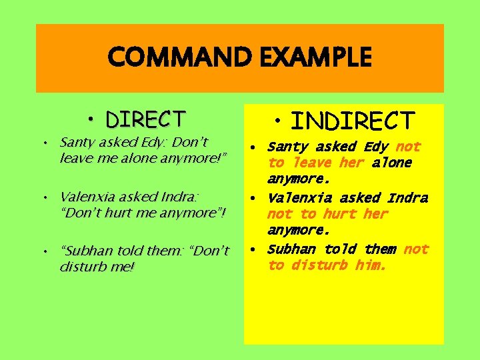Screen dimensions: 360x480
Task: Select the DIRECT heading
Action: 145,119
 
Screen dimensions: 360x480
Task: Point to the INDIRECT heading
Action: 353,121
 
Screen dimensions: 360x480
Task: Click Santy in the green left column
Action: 77,142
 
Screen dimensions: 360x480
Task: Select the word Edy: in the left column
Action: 156,142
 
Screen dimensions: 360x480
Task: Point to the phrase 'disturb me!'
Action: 97,267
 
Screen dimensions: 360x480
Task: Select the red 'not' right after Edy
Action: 408,147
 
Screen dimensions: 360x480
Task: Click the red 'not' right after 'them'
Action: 416,249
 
